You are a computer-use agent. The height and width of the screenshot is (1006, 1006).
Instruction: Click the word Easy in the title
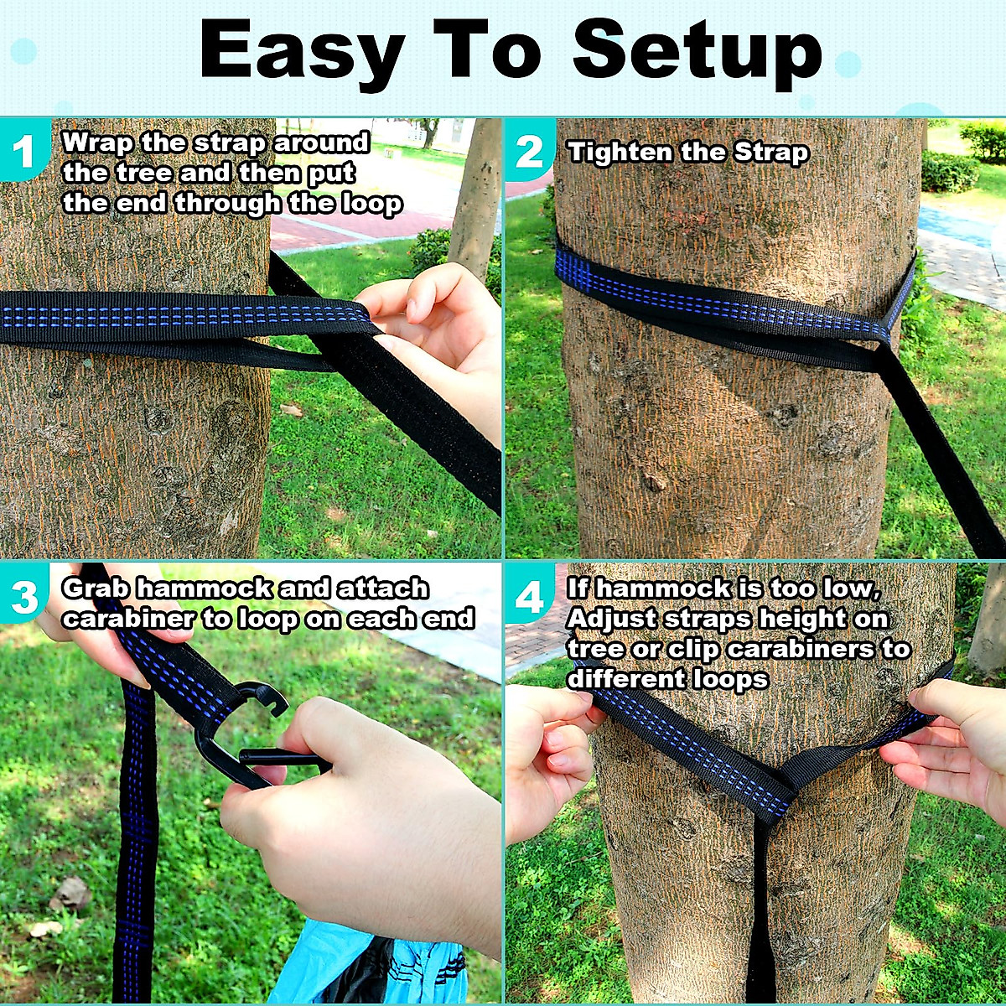pos(301,52)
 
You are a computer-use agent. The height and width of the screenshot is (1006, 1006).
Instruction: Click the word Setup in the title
pos(696,52)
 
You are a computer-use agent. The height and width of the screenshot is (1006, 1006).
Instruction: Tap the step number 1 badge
pos(23,152)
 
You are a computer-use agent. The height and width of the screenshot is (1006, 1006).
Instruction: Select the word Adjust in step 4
pos(611,619)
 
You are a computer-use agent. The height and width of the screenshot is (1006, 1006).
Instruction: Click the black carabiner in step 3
pos(243,738)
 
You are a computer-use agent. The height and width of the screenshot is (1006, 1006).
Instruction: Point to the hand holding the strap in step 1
pos(436,335)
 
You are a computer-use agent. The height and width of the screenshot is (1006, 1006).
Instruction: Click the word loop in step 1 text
pos(371,204)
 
